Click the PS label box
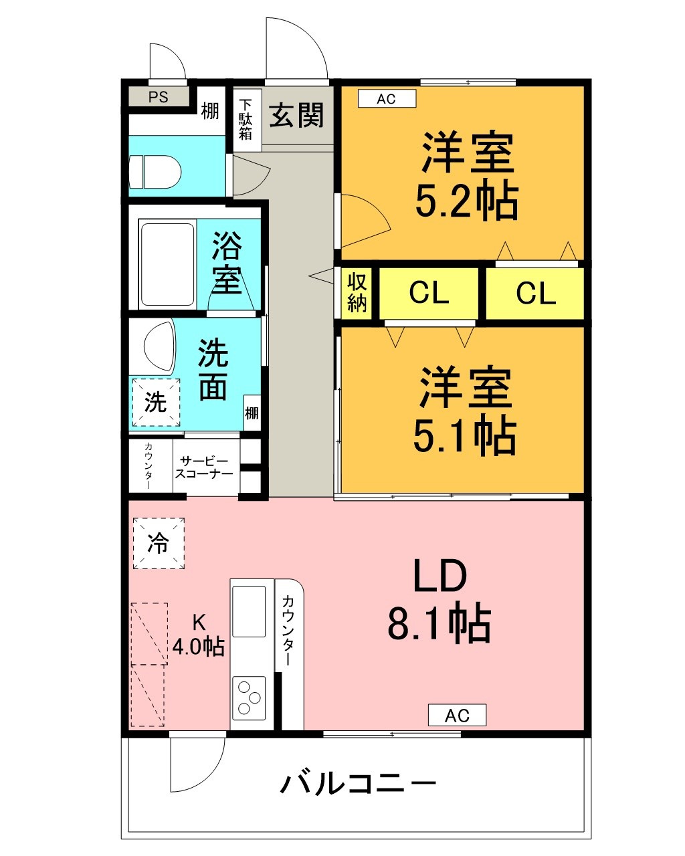(159, 97)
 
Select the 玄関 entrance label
(296, 115)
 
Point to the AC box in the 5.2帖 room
(387, 99)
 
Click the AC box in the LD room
(458, 716)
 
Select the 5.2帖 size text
(466, 201)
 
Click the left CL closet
(429, 293)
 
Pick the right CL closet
(535, 293)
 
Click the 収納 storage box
(357, 293)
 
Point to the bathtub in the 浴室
(168, 264)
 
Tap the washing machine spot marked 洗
(157, 403)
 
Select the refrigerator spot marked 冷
(159, 543)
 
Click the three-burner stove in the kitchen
(249, 698)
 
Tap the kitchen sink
(249, 612)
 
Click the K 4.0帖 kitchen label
(198, 635)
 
